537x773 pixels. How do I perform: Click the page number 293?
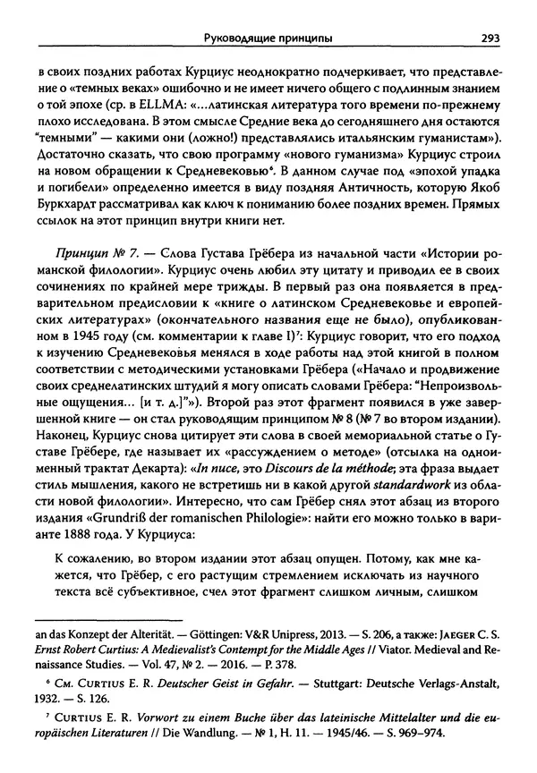point(489,38)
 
